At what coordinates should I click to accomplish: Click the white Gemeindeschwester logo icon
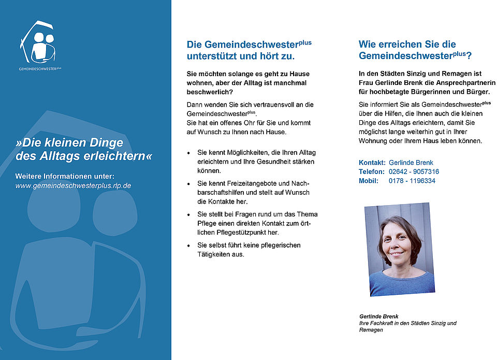coord(38,44)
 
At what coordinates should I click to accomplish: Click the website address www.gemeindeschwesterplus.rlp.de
coord(73,185)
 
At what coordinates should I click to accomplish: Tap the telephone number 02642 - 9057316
coord(414,171)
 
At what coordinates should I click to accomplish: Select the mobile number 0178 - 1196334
coord(412,181)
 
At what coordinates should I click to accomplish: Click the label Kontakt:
coord(372,162)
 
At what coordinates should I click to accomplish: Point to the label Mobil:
coord(369,181)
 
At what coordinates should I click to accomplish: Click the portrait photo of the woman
coord(399,248)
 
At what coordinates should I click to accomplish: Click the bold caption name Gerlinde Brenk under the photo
coord(378,316)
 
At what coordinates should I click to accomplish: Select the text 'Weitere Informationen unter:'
coord(65,176)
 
